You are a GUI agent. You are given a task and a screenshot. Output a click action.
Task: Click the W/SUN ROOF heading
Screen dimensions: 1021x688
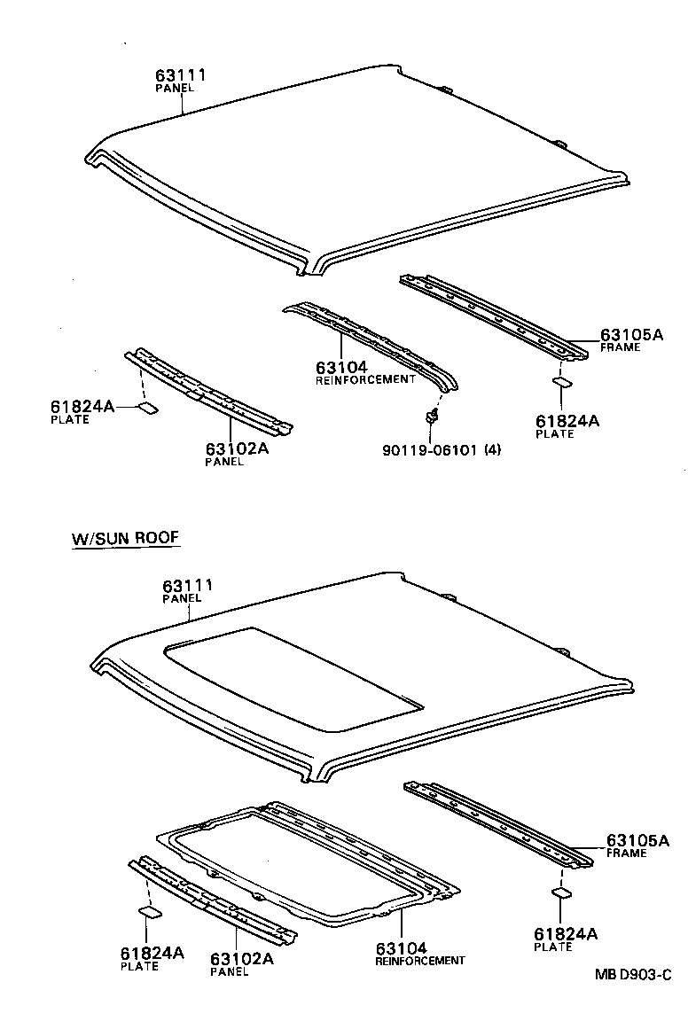pyautogui.click(x=127, y=538)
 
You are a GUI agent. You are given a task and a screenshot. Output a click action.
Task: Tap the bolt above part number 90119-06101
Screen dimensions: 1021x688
pyautogui.click(x=432, y=414)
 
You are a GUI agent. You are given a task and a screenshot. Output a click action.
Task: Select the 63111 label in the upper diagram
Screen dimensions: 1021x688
pyautogui.click(x=181, y=76)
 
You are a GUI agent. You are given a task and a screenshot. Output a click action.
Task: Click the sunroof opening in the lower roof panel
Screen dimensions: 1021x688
pyautogui.click(x=293, y=678)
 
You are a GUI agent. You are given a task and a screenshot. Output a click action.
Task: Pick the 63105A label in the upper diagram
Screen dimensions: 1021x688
pyautogui.click(x=631, y=335)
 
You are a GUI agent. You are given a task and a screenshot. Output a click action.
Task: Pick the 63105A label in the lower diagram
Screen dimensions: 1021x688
pyautogui.click(x=637, y=840)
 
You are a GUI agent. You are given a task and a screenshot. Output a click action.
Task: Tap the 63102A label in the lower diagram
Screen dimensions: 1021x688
pyautogui.click(x=241, y=959)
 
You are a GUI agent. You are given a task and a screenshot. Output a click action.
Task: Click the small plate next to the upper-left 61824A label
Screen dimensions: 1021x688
pyautogui.click(x=147, y=409)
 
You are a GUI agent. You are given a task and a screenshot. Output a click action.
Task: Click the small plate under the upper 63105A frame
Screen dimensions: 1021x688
pyautogui.click(x=562, y=383)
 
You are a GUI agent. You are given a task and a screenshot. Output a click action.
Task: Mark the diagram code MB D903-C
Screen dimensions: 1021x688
pyautogui.click(x=631, y=974)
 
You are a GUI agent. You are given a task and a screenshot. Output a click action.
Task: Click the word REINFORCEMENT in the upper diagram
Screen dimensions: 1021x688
pyautogui.click(x=365, y=379)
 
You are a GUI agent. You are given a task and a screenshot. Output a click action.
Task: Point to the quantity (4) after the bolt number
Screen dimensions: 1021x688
pyautogui.click(x=492, y=449)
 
